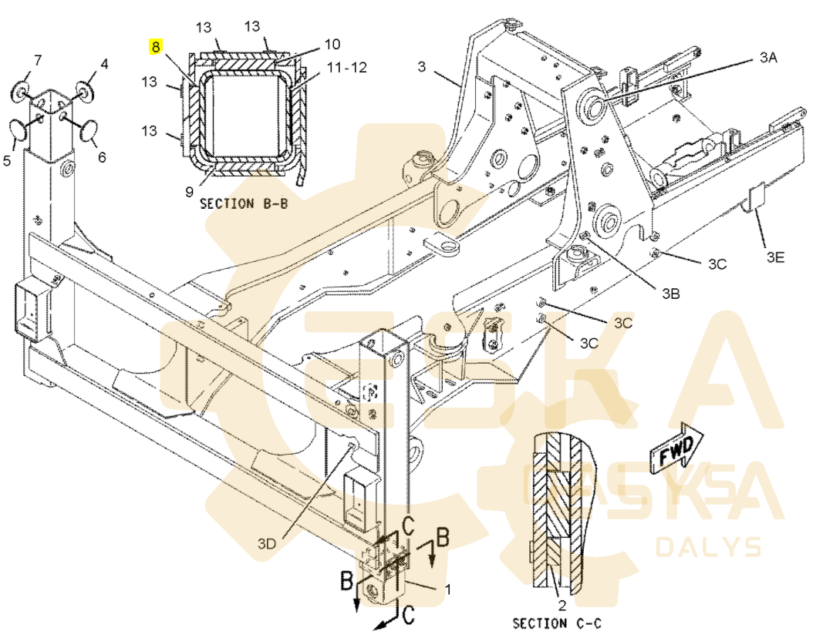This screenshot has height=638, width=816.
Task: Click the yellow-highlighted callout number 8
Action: (156, 47)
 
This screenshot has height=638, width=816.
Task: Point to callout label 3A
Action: (768, 59)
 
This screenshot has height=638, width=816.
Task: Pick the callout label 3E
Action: (775, 258)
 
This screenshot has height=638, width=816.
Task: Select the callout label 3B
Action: (670, 293)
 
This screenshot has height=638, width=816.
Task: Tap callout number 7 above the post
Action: (37, 60)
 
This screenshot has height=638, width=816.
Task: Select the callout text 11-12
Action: (347, 68)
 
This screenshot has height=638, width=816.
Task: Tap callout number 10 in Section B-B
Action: (332, 44)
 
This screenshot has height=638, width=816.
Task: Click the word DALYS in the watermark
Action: (708, 547)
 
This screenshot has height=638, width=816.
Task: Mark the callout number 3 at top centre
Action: (422, 66)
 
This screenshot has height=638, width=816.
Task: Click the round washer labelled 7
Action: (21, 95)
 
